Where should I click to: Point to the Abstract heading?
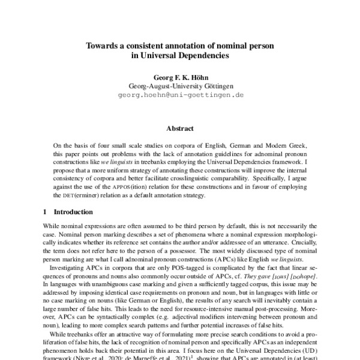[179, 128]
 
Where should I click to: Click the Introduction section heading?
[73, 212]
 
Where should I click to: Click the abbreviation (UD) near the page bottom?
[313, 354]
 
